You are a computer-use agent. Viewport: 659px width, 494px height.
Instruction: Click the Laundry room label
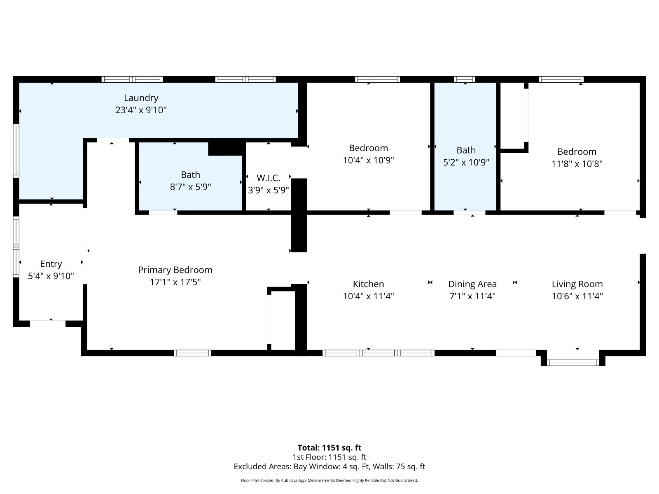[141, 98]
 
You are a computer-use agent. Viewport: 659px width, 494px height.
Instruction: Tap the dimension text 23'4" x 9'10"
[141, 110]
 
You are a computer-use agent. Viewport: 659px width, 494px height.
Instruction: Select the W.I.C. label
[268, 178]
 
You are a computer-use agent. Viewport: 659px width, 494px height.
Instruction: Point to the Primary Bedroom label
[175, 270]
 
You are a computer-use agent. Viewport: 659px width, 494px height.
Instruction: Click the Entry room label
[51, 264]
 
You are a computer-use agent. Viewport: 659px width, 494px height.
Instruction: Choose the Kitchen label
[368, 284]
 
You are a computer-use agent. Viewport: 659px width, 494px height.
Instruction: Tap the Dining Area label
[472, 284]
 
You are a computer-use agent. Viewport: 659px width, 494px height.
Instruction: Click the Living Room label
[577, 284]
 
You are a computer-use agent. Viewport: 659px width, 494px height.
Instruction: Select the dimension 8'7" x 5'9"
[190, 187]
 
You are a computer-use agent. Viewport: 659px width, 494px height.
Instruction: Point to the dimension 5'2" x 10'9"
[466, 162]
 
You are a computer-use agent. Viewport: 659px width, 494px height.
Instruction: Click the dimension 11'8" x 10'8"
[577, 164]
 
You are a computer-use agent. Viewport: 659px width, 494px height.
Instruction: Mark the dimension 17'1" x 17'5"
[175, 282]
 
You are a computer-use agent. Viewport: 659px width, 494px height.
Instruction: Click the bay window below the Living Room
[573, 363]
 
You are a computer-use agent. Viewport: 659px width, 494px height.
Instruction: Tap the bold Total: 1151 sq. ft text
[329, 448]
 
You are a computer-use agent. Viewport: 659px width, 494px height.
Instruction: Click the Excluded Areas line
[329, 466]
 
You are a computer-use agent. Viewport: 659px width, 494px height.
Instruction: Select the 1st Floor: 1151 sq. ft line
[329, 457]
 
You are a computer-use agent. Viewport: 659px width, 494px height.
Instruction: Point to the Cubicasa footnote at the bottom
[329, 480]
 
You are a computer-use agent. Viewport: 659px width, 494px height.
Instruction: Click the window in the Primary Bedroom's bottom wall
[192, 353]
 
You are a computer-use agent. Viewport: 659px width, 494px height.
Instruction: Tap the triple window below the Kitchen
[378, 353]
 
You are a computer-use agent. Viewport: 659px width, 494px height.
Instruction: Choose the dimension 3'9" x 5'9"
[268, 190]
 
